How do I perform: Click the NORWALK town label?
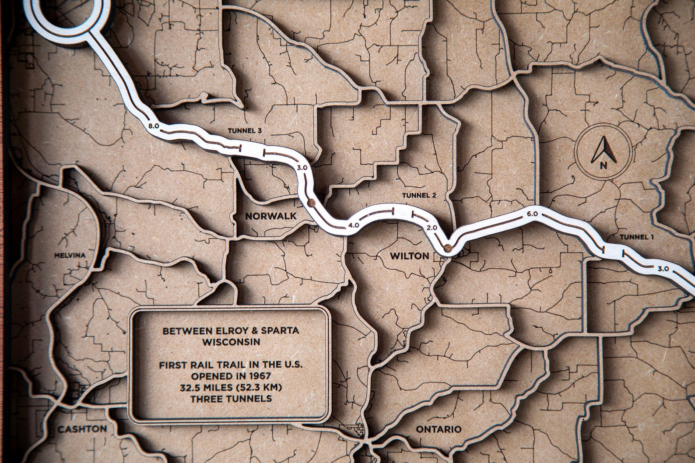tap(270, 216)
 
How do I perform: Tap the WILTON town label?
tap(410, 256)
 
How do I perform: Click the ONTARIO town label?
tap(438, 429)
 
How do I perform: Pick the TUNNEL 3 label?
tap(245, 130)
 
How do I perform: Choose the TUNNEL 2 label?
tap(418, 195)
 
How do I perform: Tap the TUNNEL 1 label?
tap(637, 237)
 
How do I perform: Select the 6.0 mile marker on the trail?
tap(532, 214)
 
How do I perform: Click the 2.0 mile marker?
tap(432, 228)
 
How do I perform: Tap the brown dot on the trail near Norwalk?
tap(311, 202)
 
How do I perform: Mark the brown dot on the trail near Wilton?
tap(447, 248)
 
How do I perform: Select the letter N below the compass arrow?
tap(604, 165)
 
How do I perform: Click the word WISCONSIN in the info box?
tap(231, 341)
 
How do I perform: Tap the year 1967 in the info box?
tap(259, 376)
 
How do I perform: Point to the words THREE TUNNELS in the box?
tap(231, 399)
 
